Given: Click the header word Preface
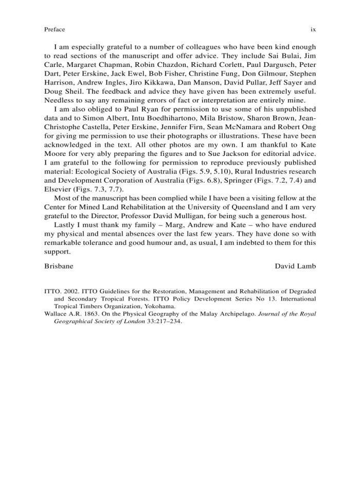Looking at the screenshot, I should (55, 30).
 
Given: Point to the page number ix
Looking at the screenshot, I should (313, 30).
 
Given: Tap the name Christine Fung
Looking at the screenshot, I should (201, 73).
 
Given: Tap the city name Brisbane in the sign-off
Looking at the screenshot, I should (59, 266).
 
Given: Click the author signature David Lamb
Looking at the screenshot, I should (295, 266).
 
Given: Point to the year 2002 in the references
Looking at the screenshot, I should (73, 291).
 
